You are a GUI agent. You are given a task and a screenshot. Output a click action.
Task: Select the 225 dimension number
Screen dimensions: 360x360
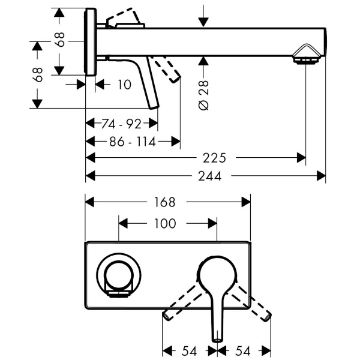[x=214, y=158]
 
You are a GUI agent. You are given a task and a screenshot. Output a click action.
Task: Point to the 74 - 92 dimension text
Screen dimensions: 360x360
[x=121, y=124]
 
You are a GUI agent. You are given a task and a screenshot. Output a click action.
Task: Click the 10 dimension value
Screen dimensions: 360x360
[x=124, y=85]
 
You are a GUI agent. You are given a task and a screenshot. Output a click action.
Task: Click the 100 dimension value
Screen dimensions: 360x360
[x=165, y=224]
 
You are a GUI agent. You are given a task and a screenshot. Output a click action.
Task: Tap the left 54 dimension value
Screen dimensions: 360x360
[x=190, y=349]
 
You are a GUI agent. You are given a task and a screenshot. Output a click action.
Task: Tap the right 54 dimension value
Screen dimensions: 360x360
[x=244, y=349]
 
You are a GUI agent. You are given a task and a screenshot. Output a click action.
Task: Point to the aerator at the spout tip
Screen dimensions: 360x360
[x=305, y=60]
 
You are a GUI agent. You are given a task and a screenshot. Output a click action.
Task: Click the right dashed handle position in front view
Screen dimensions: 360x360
[x=256, y=304]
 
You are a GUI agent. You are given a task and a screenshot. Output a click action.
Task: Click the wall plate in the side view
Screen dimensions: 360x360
[x=90, y=42]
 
